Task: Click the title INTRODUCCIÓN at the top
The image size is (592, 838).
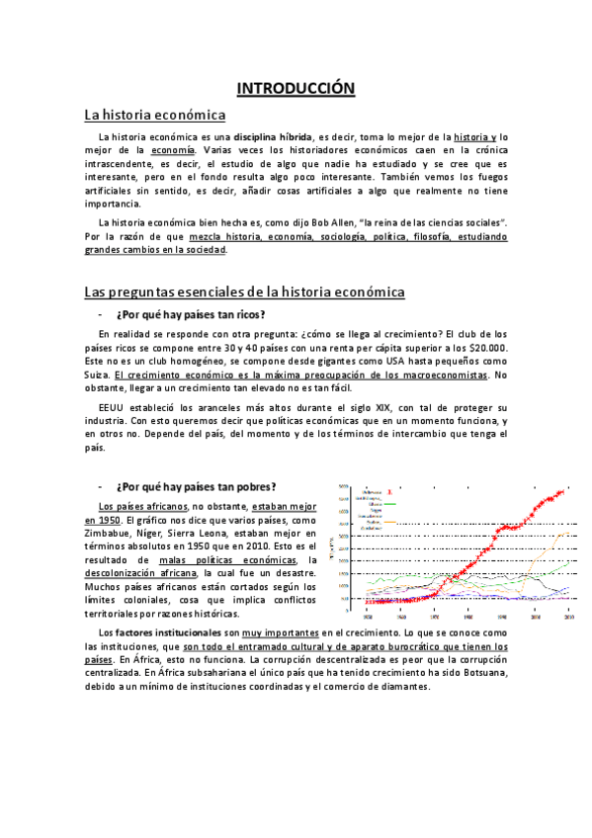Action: click(x=295, y=88)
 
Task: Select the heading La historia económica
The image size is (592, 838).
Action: click(x=155, y=115)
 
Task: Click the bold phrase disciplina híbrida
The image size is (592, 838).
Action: click(x=271, y=136)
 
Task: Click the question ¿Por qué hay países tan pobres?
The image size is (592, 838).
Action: click(x=196, y=486)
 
